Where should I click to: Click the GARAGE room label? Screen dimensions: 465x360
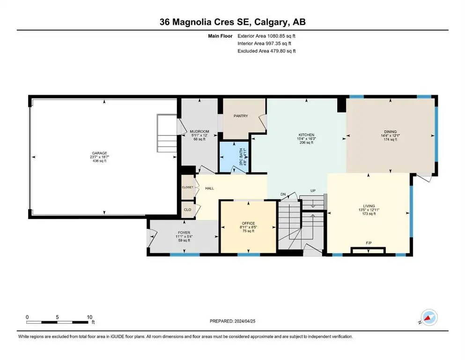[99, 153]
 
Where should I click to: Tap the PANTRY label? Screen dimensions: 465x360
[241, 116]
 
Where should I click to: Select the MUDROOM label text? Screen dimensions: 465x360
[199, 131]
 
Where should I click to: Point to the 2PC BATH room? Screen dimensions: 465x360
[234, 156]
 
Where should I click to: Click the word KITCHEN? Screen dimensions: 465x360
[306, 135]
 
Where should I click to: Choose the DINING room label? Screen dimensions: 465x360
[390, 132]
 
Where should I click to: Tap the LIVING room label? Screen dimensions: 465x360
[369, 206]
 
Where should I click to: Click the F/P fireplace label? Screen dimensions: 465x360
[369, 243]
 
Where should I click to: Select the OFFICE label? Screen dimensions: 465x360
[248, 224]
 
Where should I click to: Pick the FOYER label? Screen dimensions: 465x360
[184, 232]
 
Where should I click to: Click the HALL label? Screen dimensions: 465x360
[210, 188]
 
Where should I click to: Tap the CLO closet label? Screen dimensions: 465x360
[187, 210]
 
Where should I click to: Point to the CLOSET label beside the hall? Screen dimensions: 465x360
[187, 187]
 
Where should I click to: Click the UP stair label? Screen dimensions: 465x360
[313, 190]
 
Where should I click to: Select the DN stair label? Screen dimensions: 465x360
[283, 195]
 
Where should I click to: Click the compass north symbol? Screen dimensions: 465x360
[429, 317]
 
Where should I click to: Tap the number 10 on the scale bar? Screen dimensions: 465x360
[89, 317]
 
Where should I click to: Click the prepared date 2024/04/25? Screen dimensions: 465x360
[245, 321]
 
